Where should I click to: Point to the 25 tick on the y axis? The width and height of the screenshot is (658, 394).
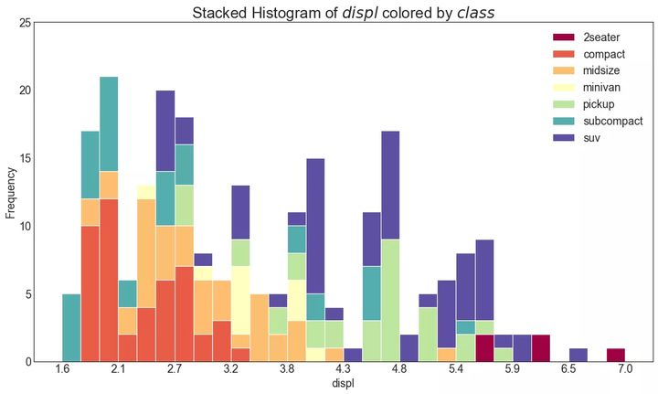coord(25,23)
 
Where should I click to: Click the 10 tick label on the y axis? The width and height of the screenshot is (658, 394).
coord(25,226)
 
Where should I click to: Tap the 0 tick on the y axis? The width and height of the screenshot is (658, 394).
coord(27,362)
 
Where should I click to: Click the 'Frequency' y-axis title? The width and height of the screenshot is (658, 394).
coord(11,192)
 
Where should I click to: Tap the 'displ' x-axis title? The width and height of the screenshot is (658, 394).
coord(344,385)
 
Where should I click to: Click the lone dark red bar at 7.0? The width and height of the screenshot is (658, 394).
coord(616,355)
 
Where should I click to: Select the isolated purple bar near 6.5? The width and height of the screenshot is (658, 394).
coord(578,355)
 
